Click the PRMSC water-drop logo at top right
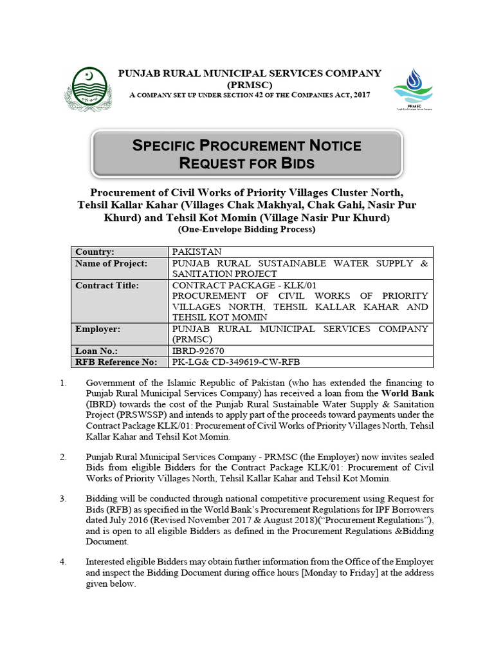(x=413, y=88)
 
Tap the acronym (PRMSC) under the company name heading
(x=249, y=84)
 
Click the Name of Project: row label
(x=111, y=263)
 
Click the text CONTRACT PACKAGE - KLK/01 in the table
(x=244, y=284)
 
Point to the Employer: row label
(x=98, y=328)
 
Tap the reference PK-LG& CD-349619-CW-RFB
(x=236, y=362)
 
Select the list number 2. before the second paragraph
(x=63, y=456)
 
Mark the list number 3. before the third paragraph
(x=63, y=498)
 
